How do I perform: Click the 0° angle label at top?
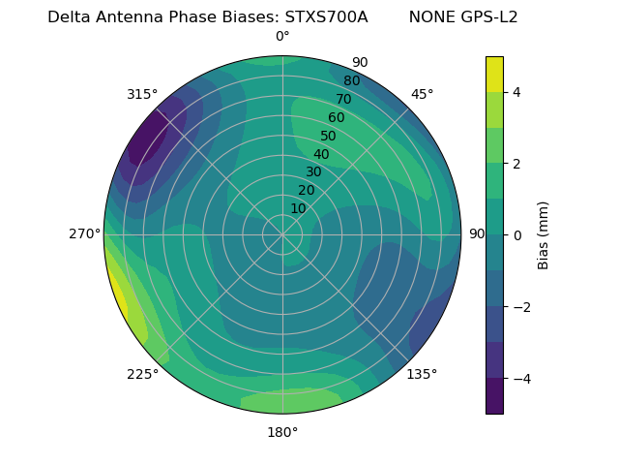click(x=282, y=37)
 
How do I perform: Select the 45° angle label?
click(x=422, y=94)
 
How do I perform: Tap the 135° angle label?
click(x=422, y=374)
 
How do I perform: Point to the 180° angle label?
click(x=282, y=432)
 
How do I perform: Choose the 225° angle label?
click(x=142, y=375)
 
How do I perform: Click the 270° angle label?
click(x=84, y=233)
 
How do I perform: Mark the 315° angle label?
click(x=142, y=94)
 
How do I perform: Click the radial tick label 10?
click(x=298, y=209)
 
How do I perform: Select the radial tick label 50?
click(x=328, y=137)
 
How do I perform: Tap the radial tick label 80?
click(x=351, y=81)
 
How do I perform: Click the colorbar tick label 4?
click(x=516, y=92)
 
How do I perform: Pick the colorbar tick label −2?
click(x=518, y=307)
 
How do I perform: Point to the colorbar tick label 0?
click(x=516, y=235)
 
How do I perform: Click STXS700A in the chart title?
click(x=326, y=16)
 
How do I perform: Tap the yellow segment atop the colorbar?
click(x=494, y=74)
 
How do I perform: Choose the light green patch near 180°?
click(x=290, y=400)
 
